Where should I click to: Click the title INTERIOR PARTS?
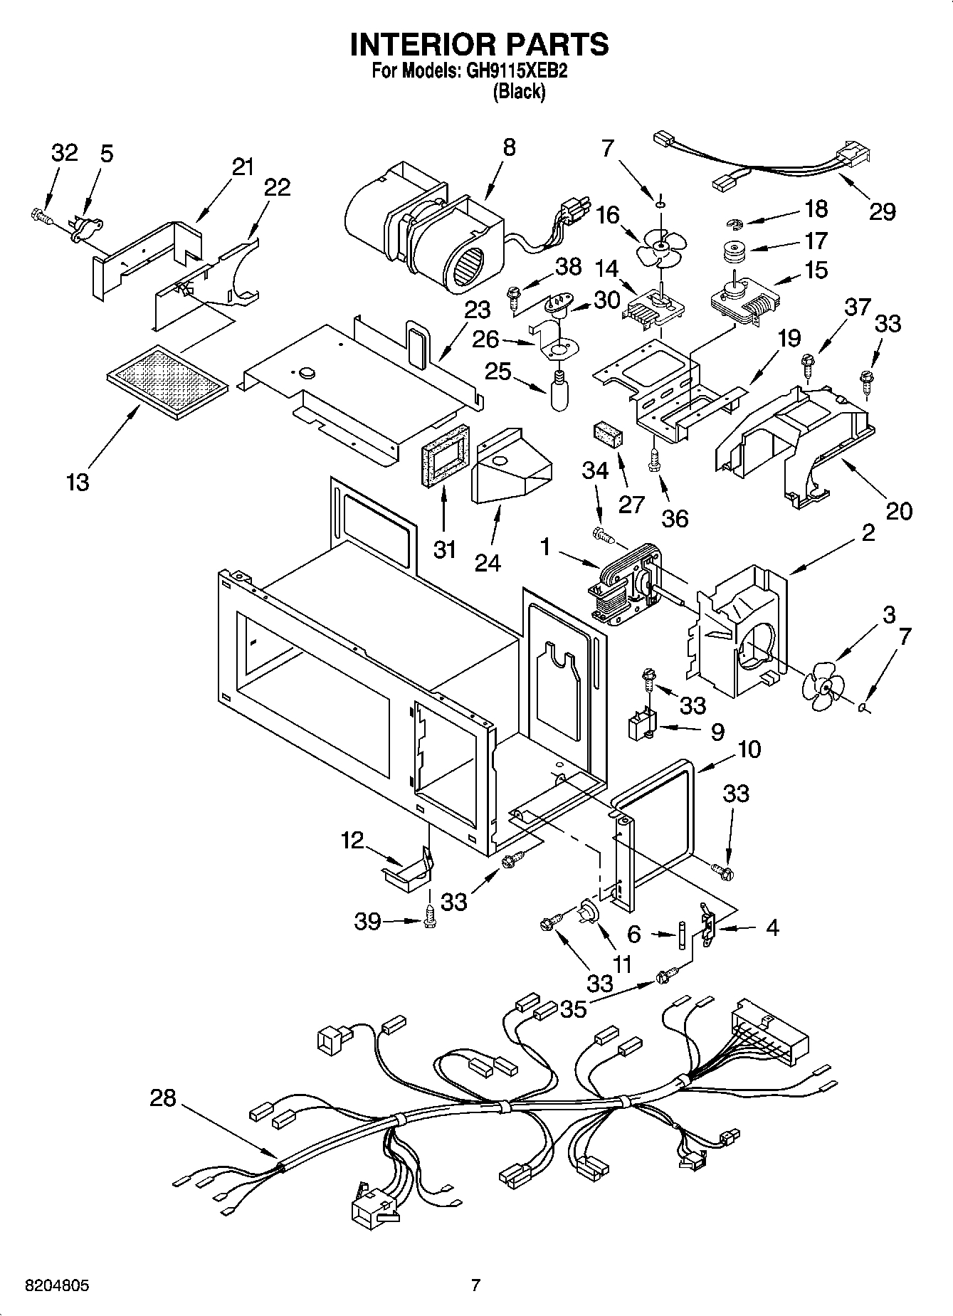479,44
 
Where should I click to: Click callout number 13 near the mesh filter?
78,482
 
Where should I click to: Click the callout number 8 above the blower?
508,147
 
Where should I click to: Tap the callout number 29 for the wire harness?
882,211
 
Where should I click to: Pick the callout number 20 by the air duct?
899,510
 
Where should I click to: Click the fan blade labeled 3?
823,687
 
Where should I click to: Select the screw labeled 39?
429,918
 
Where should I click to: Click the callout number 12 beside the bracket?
352,840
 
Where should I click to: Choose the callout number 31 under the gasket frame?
444,549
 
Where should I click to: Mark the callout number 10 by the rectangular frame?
749,748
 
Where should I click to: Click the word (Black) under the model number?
519,92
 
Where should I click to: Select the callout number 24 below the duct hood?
488,562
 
